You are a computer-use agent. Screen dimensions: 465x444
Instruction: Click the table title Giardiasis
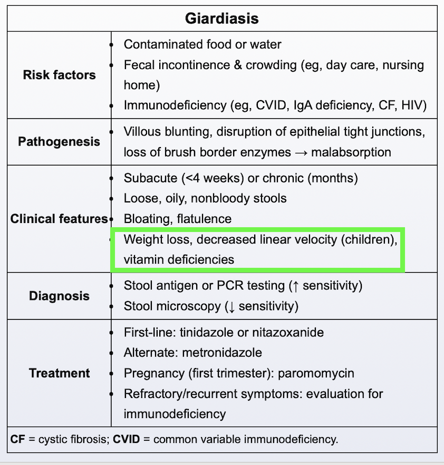pos(221,19)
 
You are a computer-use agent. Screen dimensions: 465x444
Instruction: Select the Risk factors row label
pos(59,75)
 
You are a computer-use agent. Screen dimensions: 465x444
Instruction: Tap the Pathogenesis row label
pos(59,142)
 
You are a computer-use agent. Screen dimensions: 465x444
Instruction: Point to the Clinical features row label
pos(58,219)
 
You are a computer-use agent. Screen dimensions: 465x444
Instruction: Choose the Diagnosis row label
pos(59,296)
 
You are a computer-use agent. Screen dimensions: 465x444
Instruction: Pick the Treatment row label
pos(59,373)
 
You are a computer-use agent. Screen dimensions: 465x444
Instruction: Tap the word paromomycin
pos(316,373)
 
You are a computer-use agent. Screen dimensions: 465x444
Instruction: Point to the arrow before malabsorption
pos(301,153)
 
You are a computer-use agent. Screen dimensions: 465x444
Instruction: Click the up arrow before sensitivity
pos(295,286)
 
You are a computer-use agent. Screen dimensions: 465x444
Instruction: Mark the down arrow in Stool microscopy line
pos(230,306)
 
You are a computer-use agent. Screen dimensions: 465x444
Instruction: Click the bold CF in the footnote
pos(18,439)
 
